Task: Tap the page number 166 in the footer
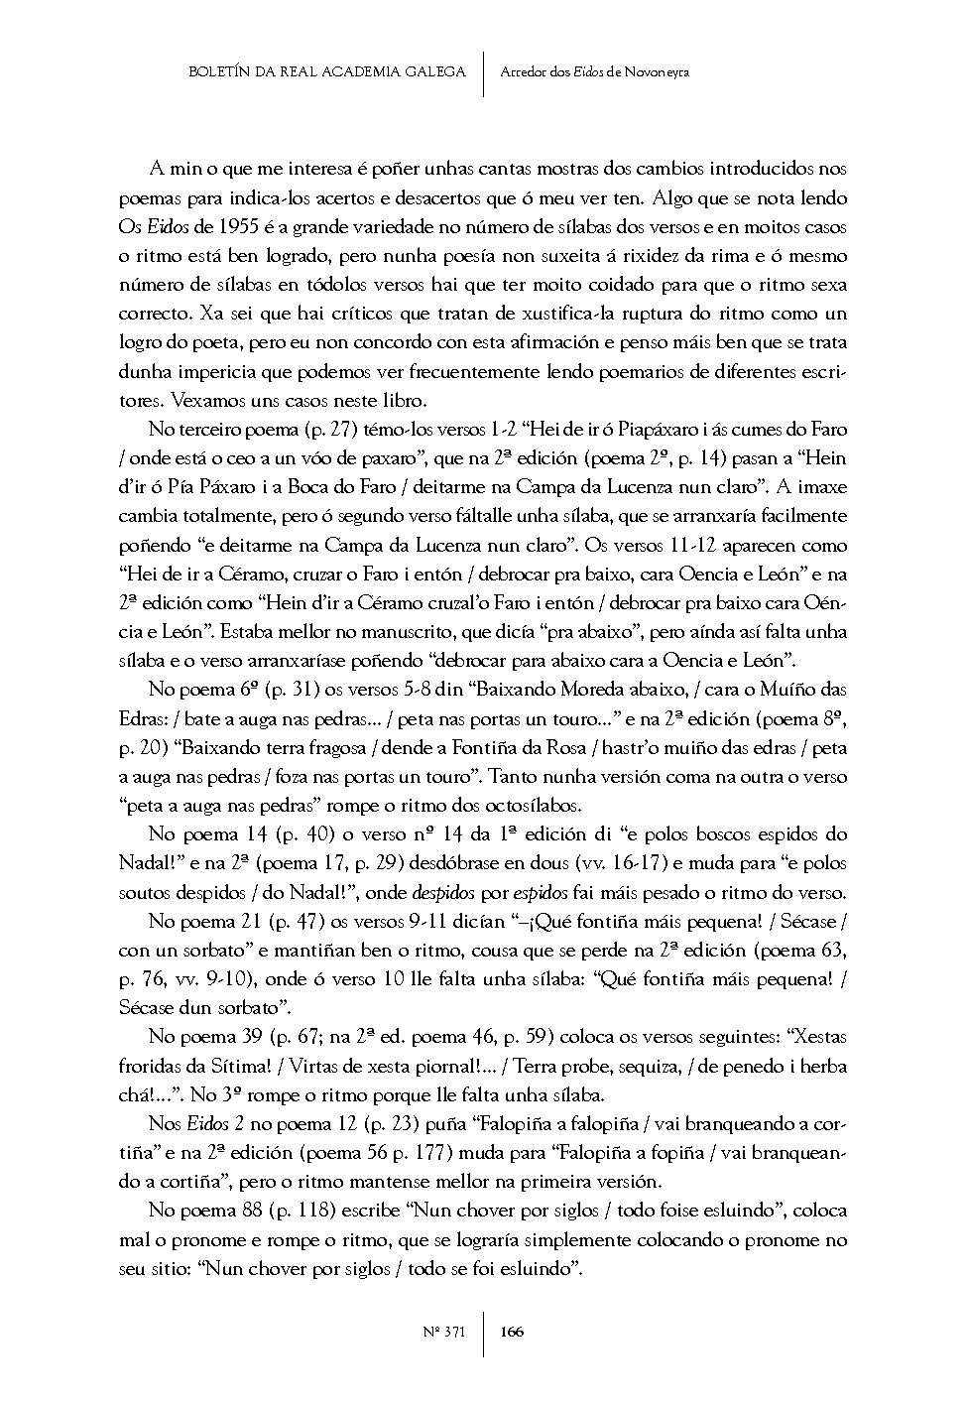[513, 1332]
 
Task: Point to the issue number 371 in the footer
[455, 1332]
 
